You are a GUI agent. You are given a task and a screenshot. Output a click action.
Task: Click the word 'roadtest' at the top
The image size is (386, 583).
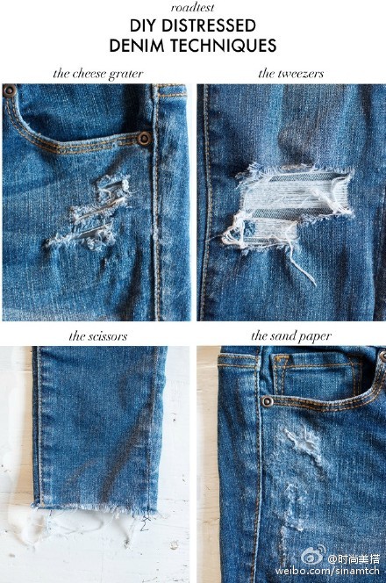[192, 7]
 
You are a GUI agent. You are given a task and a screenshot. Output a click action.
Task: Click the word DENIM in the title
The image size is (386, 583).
[137, 46]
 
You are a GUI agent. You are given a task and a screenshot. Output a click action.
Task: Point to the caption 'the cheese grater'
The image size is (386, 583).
[98, 74]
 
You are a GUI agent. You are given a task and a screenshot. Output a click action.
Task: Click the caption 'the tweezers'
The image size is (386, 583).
[291, 74]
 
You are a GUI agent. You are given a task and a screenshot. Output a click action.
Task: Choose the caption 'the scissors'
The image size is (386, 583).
[98, 336]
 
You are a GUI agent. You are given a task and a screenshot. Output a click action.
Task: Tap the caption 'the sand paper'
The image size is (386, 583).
[291, 335]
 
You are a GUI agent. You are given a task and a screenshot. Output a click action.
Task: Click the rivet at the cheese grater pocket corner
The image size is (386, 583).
[144, 139]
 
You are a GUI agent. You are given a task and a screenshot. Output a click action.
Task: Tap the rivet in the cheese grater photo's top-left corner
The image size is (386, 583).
[9, 90]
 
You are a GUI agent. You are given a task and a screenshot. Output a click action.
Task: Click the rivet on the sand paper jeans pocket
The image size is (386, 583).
[267, 401]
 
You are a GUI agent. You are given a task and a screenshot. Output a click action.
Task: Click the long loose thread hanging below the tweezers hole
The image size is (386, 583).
[302, 267]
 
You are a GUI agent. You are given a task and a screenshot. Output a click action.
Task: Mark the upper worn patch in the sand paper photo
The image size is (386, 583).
[304, 444]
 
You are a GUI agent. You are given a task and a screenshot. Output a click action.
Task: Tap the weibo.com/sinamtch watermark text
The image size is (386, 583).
[327, 571]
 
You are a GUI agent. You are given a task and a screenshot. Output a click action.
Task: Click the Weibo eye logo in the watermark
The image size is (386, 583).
[313, 556]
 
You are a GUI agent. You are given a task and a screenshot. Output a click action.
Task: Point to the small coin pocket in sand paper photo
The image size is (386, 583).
[317, 376]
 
